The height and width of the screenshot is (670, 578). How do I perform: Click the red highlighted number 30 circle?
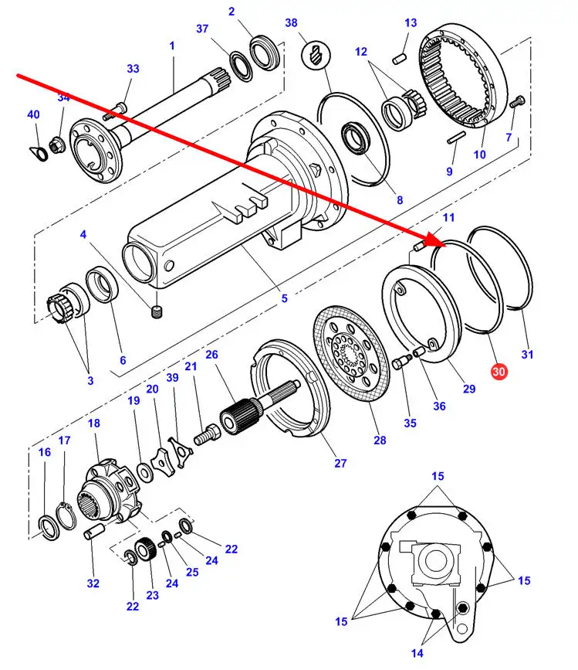(x=499, y=372)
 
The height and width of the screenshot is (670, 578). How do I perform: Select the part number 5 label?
(x=283, y=298)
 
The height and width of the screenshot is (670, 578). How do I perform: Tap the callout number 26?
(x=211, y=355)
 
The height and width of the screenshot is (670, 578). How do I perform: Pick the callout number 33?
(x=133, y=69)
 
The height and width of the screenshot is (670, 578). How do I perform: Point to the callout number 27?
(x=340, y=463)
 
